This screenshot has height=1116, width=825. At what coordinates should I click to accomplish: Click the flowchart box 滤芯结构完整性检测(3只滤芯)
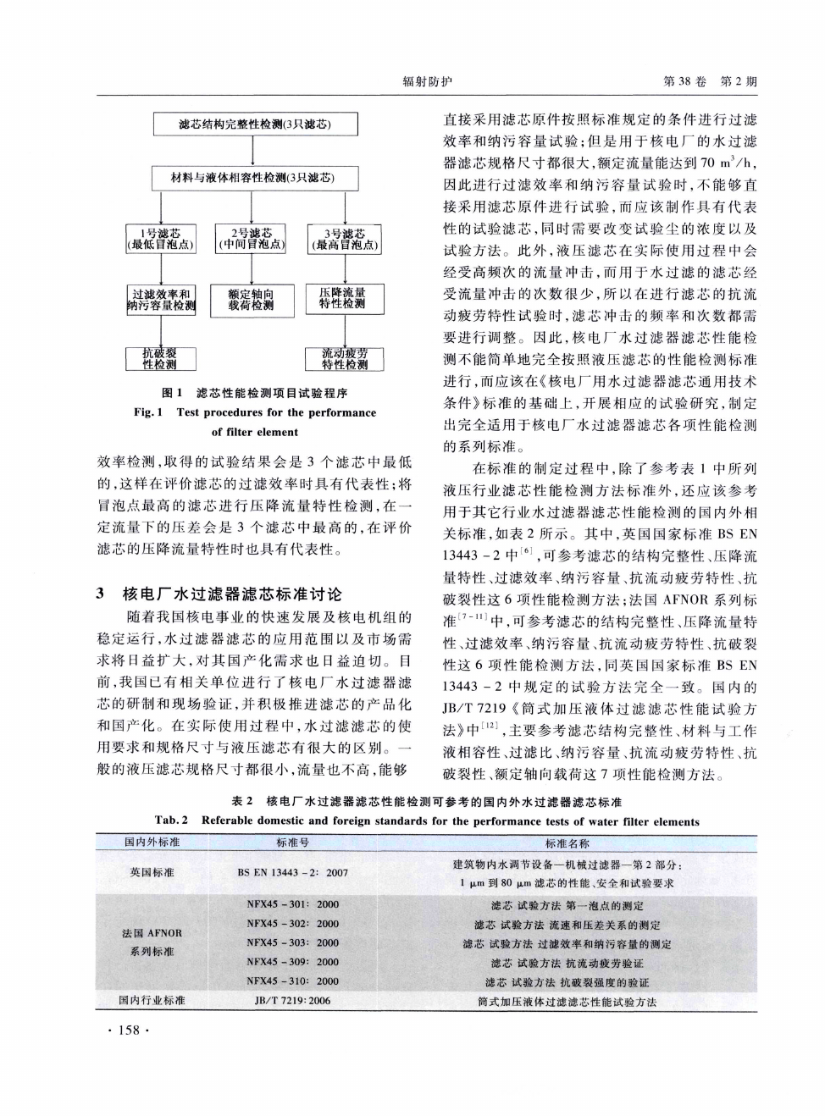click(255, 124)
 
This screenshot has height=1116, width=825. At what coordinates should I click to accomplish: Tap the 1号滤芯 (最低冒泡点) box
click(160, 239)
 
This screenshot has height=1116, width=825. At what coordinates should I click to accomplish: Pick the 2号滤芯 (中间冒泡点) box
click(251, 239)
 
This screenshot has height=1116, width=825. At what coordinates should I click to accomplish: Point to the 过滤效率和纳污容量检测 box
click(160, 299)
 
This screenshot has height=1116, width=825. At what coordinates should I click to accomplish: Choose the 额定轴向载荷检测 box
click(251, 299)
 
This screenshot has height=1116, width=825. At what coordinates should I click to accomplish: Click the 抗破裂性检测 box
click(160, 358)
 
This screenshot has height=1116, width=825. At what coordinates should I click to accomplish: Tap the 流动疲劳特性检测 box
click(344, 358)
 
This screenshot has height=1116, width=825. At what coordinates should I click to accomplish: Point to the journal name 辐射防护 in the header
click(427, 81)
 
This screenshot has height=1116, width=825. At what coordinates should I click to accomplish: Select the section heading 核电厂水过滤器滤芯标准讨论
click(233, 594)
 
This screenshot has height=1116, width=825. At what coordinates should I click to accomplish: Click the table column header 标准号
click(292, 843)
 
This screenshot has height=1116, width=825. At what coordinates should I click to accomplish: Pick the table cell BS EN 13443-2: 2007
click(292, 872)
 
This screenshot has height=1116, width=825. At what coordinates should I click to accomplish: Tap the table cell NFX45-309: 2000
click(292, 962)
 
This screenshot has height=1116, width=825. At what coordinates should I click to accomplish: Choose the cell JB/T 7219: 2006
click(292, 1001)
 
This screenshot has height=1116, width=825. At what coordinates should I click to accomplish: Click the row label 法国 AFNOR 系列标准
click(152, 942)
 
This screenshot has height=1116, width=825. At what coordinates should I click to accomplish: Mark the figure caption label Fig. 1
click(148, 412)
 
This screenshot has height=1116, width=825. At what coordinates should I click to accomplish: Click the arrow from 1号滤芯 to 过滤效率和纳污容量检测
click(160, 268)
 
